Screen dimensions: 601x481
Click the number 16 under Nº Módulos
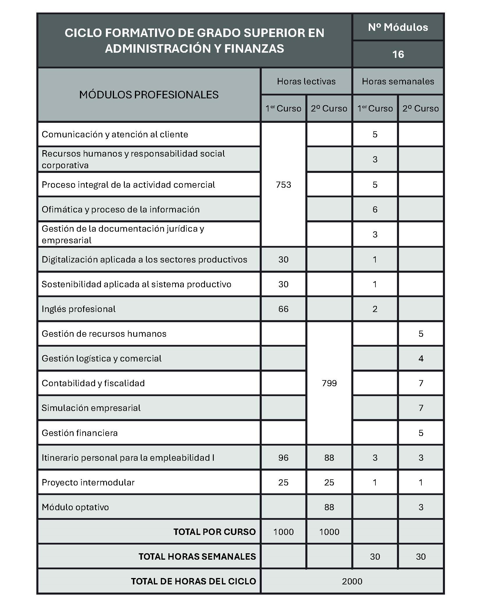[x=398, y=54]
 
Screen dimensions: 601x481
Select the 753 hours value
[x=283, y=185]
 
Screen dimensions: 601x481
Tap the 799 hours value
[x=329, y=383]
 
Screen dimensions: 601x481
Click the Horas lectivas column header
[x=306, y=81]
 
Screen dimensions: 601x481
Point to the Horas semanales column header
[x=398, y=81]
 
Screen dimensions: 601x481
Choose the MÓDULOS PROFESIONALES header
[x=149, y=95]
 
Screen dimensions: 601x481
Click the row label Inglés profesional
[x=79, y=309]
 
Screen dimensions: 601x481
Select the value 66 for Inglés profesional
[x=283, y=309]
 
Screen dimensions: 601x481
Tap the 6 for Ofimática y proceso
[x=375, y=210]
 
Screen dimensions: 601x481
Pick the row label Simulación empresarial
[x=91, y=408]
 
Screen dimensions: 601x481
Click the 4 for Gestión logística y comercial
[x=421, y=359]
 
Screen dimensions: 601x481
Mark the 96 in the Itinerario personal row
[x=283, y=458]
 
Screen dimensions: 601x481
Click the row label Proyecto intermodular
[x=88, y=483]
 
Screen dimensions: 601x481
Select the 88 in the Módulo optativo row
[x=329, y=507]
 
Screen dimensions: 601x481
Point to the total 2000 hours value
[x=352, y=582]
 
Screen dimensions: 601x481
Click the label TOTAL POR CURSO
[x=215, y=532]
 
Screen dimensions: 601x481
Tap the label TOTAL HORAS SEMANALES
[x=197, y=557]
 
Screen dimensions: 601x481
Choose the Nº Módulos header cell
[x=398, y=27]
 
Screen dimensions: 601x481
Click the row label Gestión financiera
[x=80, y=433]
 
